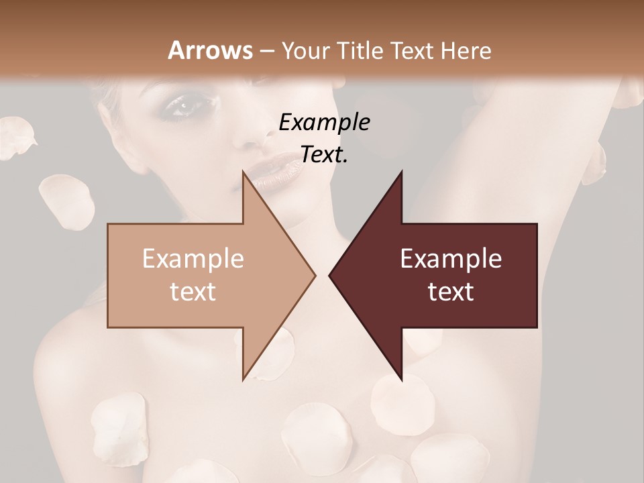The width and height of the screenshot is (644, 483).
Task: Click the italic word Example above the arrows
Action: (x=324, y=122)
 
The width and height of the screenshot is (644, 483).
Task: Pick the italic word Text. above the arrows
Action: (x=324, y=154)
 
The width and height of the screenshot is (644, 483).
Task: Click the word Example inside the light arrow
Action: (x=193, y=258)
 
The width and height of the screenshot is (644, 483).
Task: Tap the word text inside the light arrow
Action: (x=193, y=291)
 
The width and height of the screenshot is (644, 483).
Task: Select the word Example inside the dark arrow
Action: (x=451, y=258)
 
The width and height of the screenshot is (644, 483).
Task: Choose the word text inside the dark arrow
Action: (x=451, y=291)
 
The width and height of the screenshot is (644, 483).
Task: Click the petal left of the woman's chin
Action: (x=66, y=199)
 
